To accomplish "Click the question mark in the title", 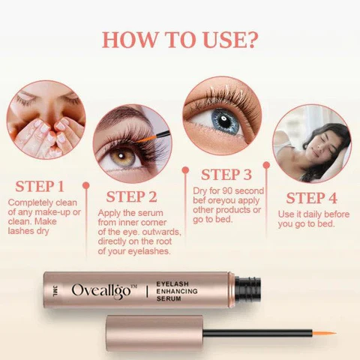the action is click(x=249, y=39).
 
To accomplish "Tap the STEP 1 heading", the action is click(x=40, y=187).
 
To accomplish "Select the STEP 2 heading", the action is click(x=131, y=196).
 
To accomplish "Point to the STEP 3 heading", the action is click(x=226, y=175).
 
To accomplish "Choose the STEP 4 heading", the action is click(x=311, y=198).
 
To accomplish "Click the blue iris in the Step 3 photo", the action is click(x=223, y=121).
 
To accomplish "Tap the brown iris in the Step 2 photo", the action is click(x=123, y=156).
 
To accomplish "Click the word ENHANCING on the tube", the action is click(x=177, y=291).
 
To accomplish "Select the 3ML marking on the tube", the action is click(x=55, y=290).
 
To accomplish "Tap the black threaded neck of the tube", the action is click(x=247, y=290).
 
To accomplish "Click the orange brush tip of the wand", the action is click(x=323, y=334).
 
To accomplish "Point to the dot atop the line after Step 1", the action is click(x=86, y=185).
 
